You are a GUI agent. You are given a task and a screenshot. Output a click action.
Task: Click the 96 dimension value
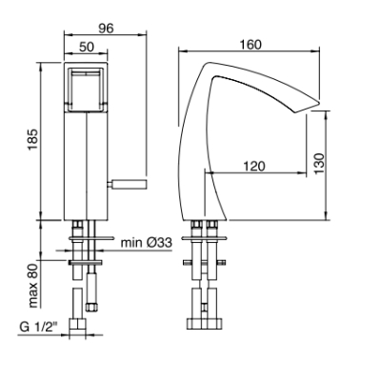pyautogui.click(x=106, y=29)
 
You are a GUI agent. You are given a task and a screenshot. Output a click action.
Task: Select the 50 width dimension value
pyautogui.click(x=87, y=47)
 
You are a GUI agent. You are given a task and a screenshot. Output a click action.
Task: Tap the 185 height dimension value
pyautogui.click(x=34, y=140)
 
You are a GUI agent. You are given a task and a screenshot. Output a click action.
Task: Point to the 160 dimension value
pyautogui.click(x=251, y=45)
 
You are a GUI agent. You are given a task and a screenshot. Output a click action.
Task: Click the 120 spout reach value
pyautogui.click(x=254, y=166)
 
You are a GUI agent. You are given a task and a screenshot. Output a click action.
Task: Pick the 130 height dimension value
pyautogui.click(x=320, y=163)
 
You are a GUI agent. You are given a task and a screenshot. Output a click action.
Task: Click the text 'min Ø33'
pyautogui.click(x=146, y=243)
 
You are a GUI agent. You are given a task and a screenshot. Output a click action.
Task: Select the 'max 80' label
pyautogui.click(x=33, y=286)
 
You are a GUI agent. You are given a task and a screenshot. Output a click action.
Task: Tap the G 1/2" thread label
pyautogui.click(x=37, y=327)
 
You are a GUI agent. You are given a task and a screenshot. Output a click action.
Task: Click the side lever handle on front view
pyautogui.click(x=128, y=184)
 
